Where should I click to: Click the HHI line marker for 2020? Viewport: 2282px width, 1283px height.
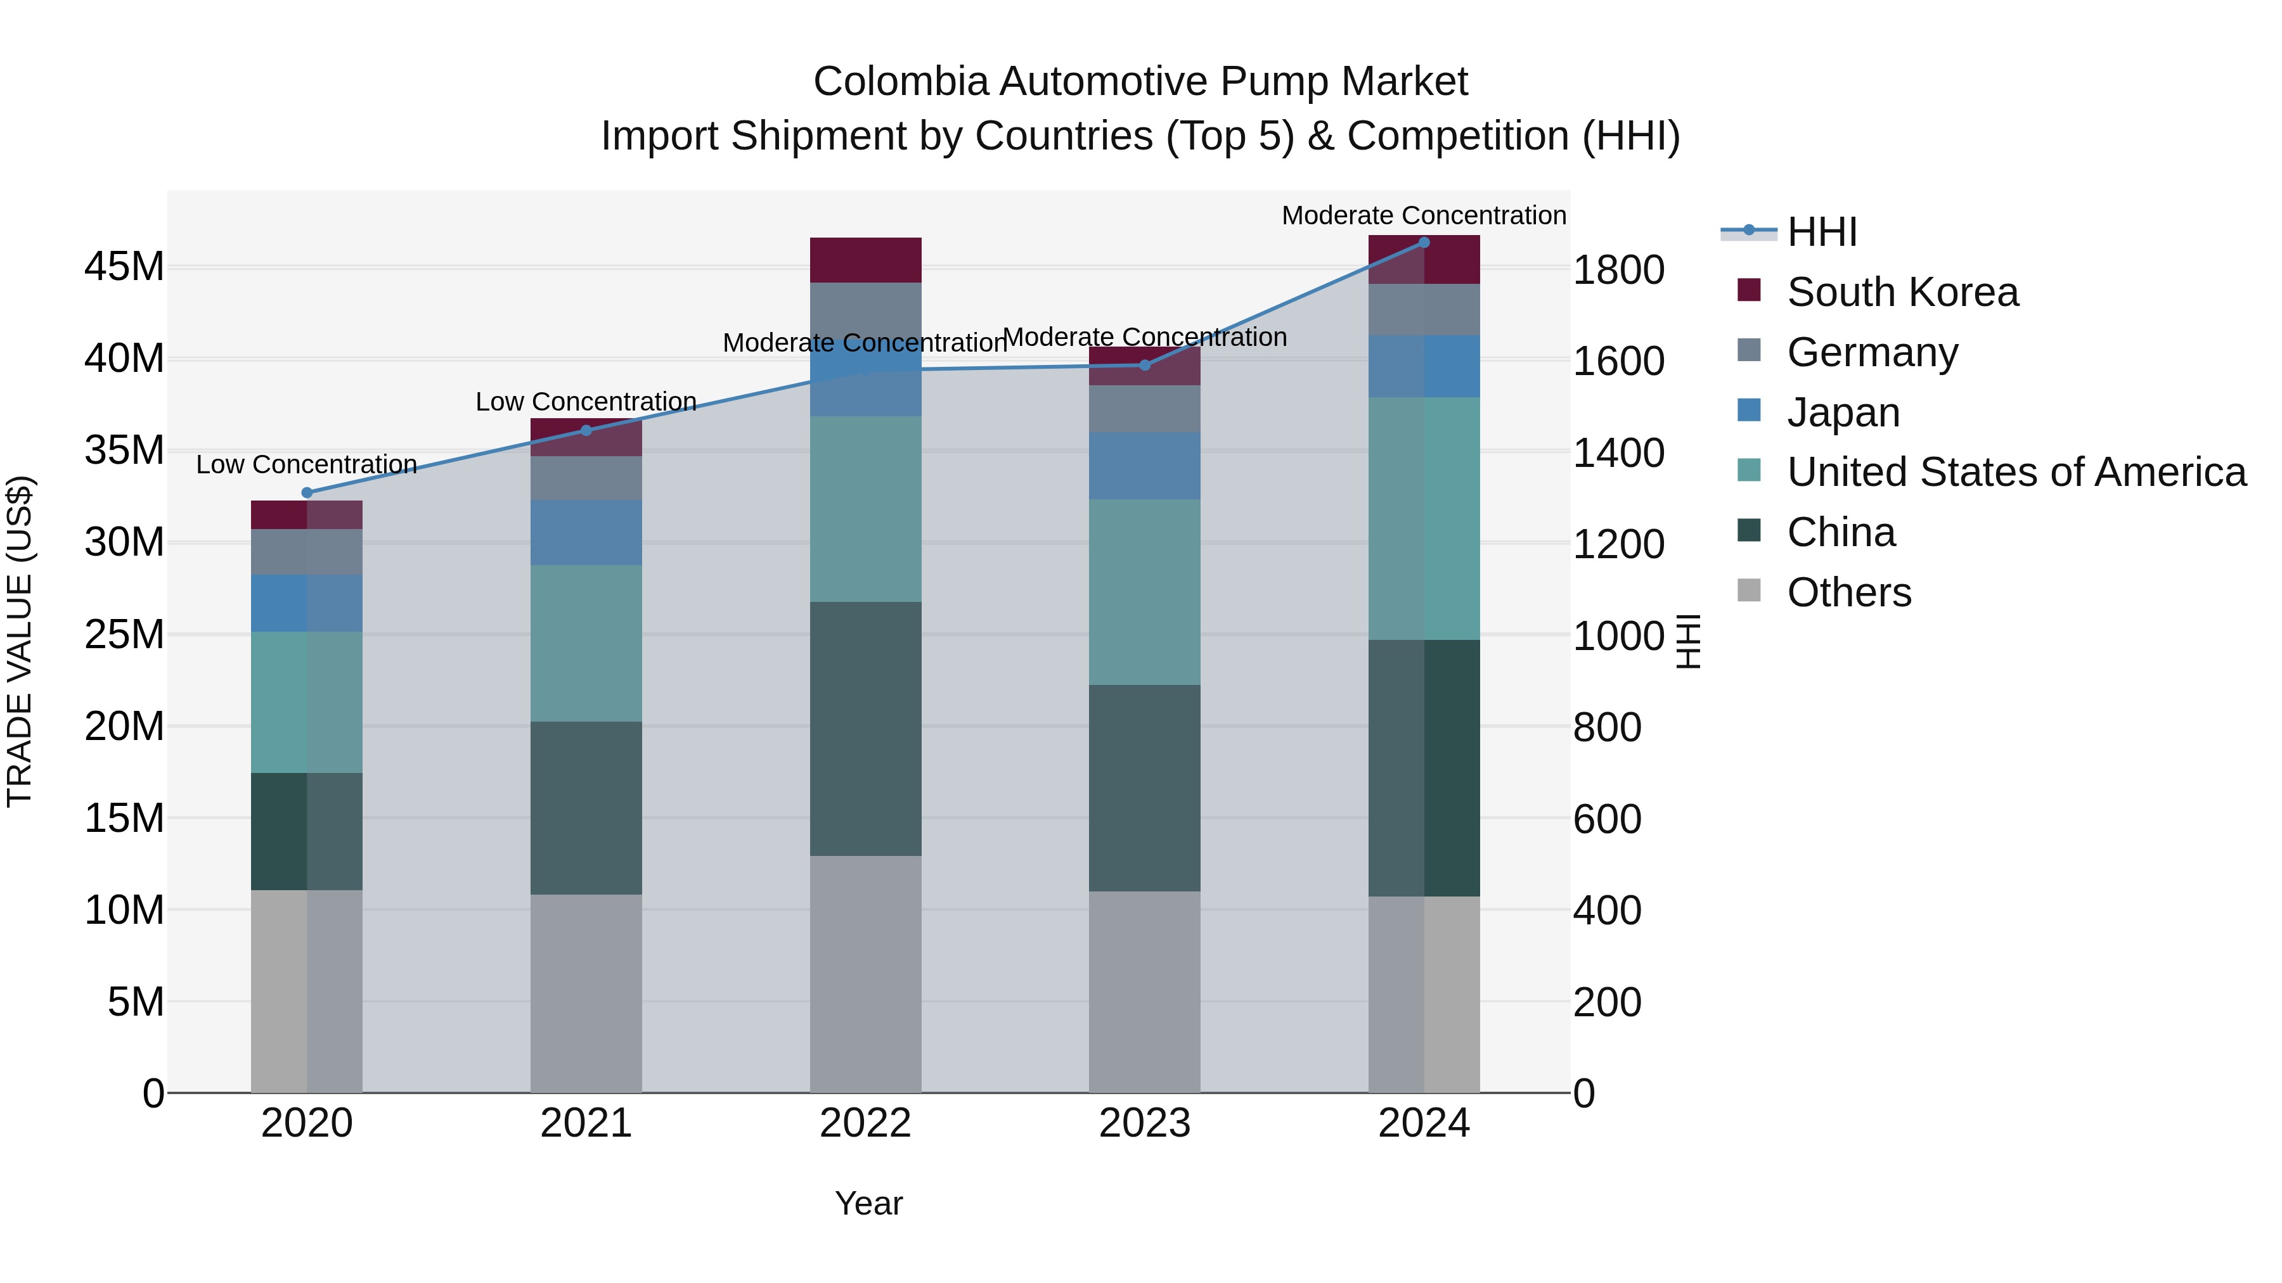pyautogui.click(x=307, y=492)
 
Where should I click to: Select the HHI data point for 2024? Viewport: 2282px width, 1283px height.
pyautogui.click(x=1424, y=242)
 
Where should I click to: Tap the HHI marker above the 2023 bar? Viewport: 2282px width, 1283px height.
pyautogui.click(x=1145, y=365)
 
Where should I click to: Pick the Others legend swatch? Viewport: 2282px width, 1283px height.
pyautogui.click(x=1749, y=590)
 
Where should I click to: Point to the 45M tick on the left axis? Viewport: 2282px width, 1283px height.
pyautogui.click(x=124, y=267)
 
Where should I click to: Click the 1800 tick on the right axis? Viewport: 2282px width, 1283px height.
pyautogui.click(x=1618, y=270)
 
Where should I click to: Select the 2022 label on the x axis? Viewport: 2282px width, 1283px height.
pyautogui.click(x=865, y=1123)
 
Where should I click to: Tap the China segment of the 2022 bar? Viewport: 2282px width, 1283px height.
pyautogui.click(x=865, y=728)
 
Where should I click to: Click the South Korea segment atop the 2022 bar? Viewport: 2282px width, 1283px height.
pyautogui.click(x=865, y=259)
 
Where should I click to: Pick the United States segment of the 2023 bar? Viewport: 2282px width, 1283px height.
pyautogui.click(x=1145, y=592)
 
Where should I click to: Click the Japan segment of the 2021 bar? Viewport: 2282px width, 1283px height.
pyautogui.click(x=586, y=532)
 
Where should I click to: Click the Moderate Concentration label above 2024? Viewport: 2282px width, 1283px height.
pyautogui.click(x=1424, y=215)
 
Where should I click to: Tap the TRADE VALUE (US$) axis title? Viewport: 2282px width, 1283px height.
pyautogui.click(x=20, y=641)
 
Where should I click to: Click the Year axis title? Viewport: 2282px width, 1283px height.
pyautogui.click(x=868, y=1203)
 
